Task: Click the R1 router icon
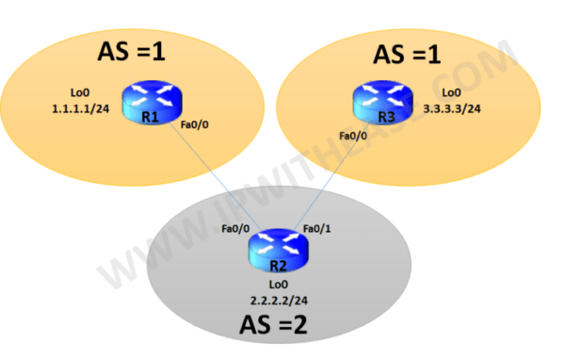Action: [144, 101]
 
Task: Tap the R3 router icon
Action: [385, 101]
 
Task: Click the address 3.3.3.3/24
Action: [452, 108]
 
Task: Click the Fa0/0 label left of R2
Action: [235, 227]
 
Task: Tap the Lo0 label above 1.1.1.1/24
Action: [78, 92]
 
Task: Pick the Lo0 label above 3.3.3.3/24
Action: [452, 92]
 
